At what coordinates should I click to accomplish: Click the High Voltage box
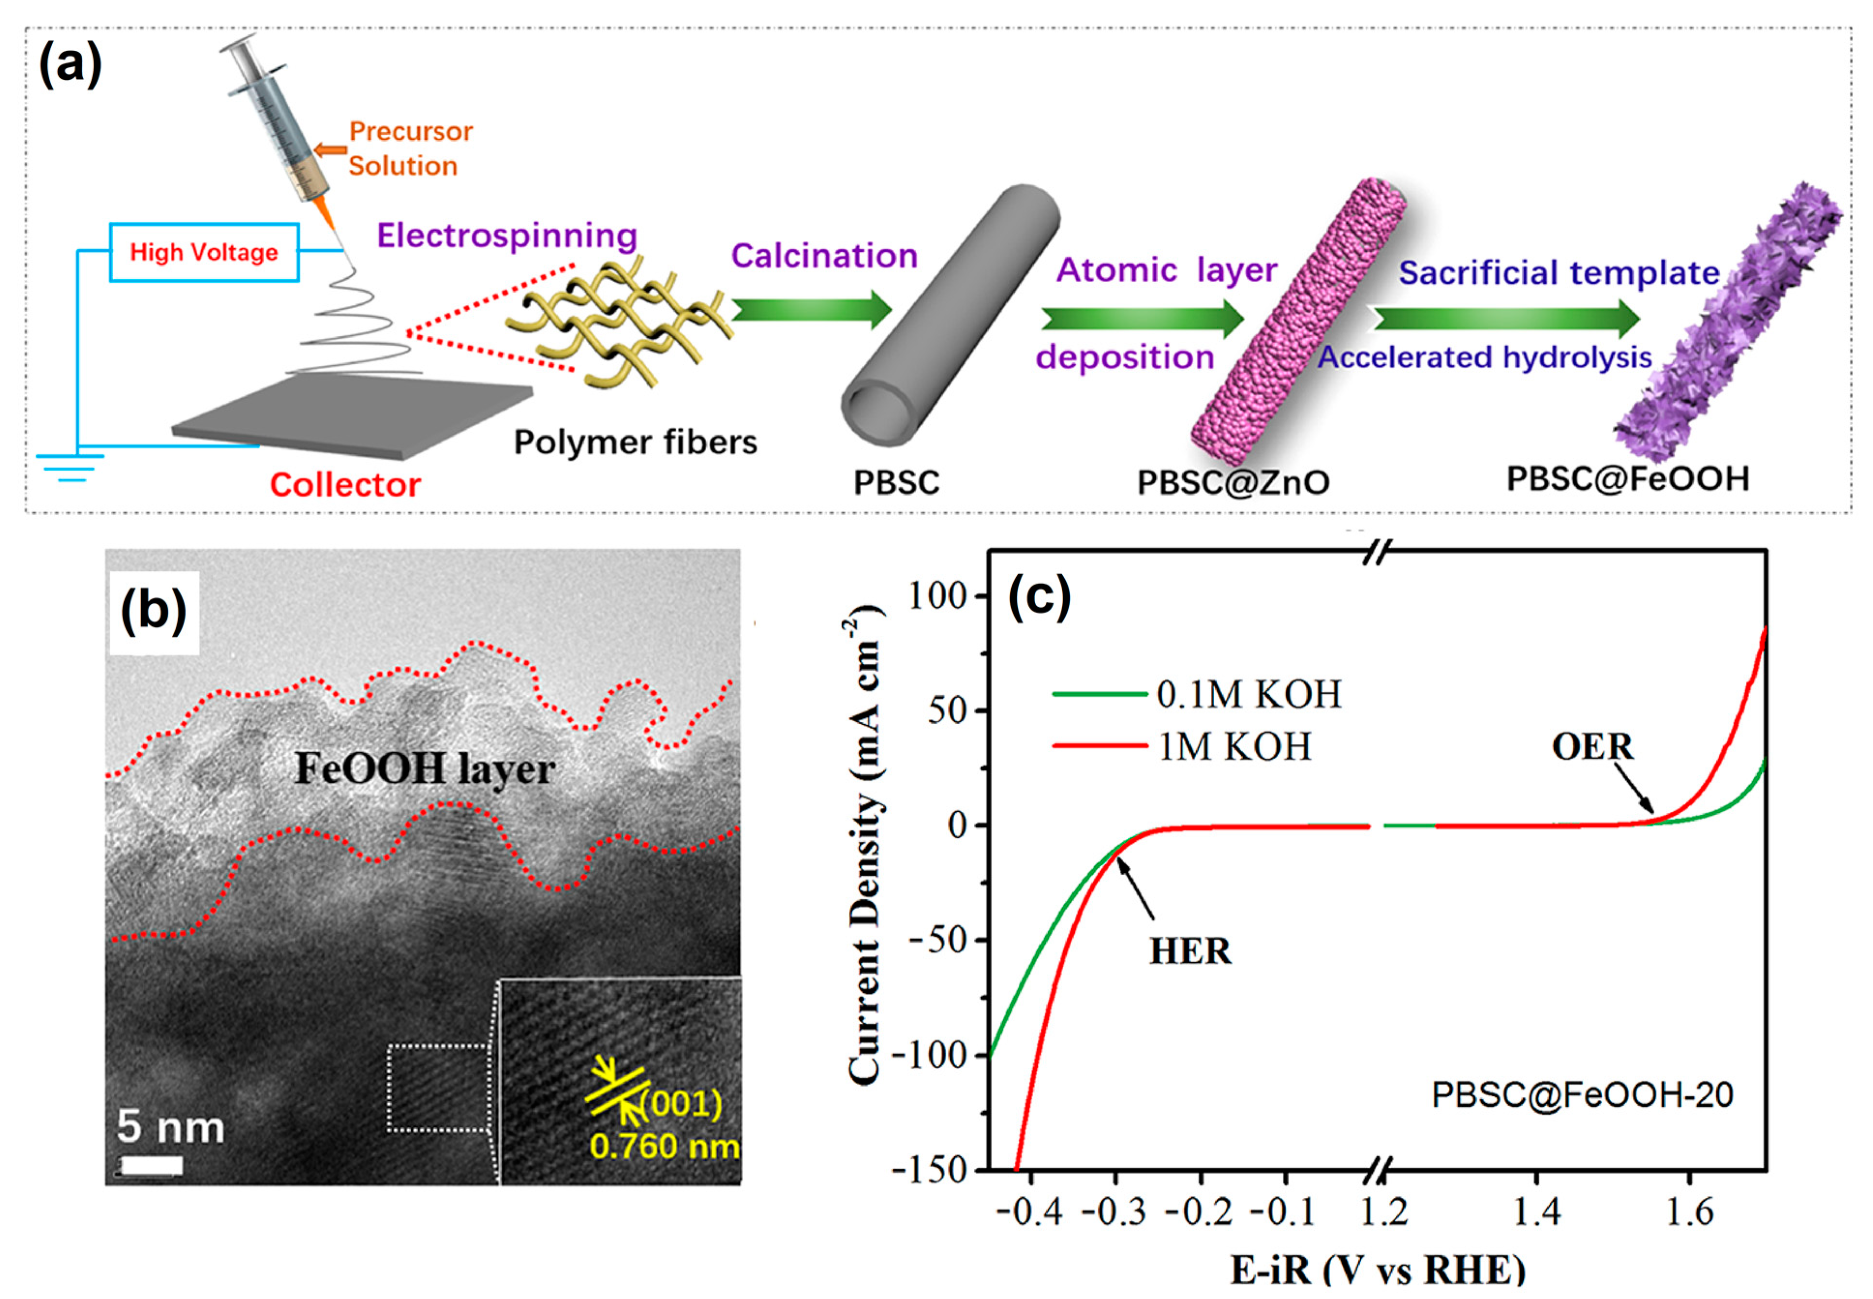coord(204,253)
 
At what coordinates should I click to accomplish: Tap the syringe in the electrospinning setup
coord(281,122)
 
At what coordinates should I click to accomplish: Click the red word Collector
coord(345,485)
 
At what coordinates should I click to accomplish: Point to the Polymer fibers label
coord(635,442)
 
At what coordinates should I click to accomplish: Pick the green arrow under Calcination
coord(810,310)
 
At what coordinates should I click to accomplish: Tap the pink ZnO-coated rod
coord(1298,322)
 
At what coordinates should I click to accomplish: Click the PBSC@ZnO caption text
coord(1233,482)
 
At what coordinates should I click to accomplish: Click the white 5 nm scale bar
coord(151,1165)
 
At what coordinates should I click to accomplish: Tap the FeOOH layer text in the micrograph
coord(425,768)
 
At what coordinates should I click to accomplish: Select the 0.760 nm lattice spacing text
coord(664,1147)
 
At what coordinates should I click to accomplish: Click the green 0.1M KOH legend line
coord(1099,693)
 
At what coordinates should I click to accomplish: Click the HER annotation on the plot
coord(1189,951)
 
